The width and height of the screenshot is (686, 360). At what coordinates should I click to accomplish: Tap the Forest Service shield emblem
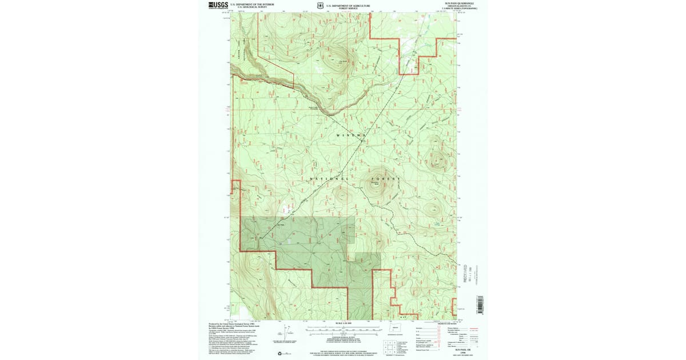coord(312,6)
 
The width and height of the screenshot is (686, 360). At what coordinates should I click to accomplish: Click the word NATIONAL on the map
coord(329,179)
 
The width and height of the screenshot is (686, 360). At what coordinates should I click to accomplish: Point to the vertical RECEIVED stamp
coord(465,274)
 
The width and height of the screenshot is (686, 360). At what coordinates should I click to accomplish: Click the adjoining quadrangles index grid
coord(390,346)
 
